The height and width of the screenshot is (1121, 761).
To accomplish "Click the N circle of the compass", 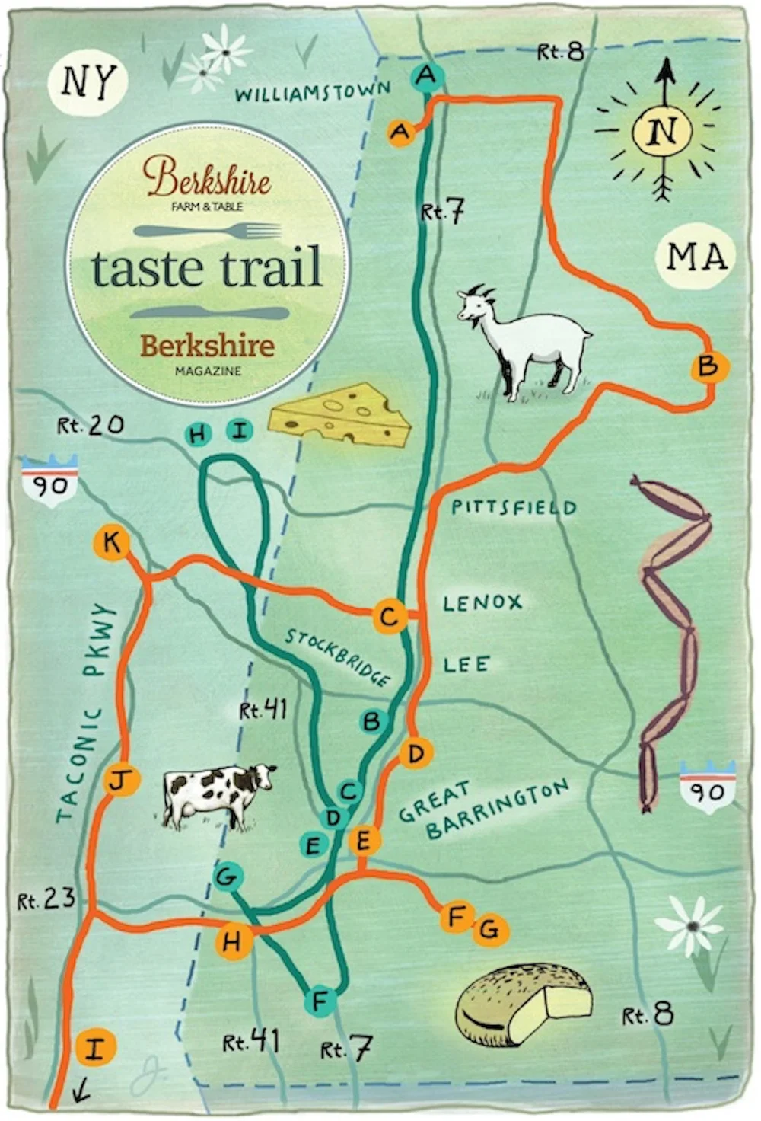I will click(665, 131).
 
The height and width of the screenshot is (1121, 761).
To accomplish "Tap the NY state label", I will click(89, 81).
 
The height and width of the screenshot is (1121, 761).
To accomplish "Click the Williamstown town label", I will click(312, 93).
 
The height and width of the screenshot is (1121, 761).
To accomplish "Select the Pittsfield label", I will click(514, 507).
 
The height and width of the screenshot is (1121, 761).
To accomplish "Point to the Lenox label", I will click(482, 603).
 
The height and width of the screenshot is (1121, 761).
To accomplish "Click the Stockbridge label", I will click(338, 656).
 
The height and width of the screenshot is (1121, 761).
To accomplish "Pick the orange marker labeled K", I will click(112, 544).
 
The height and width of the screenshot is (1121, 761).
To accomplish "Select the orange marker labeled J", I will click(121, 781).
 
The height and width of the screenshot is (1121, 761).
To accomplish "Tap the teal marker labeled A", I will click(427, 76).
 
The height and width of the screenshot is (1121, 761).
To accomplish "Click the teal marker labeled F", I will click(320, 1000).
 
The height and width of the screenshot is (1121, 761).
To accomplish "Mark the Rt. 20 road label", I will click(91, 425).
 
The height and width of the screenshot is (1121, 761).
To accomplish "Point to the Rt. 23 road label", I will click(47, 900).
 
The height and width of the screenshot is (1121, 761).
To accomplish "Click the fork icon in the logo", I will click(208, 230).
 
